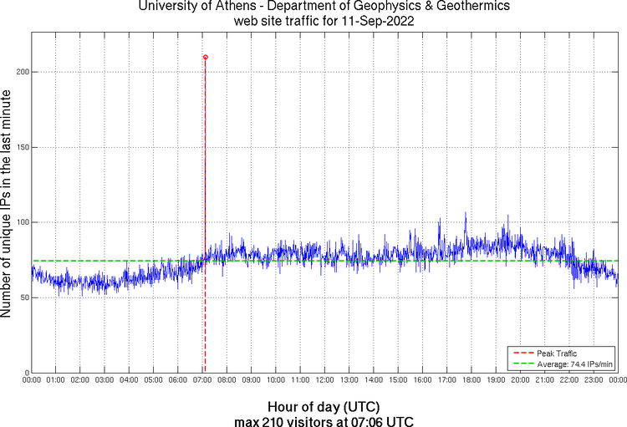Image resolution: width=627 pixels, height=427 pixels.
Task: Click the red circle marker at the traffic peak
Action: [x=206, y=57]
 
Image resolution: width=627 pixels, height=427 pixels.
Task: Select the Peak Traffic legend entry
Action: [x=556, y=353]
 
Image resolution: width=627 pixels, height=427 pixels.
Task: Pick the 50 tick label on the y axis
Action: [x=23, y=297]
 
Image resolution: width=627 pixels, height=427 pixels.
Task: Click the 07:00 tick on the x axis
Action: [x=202, y=380]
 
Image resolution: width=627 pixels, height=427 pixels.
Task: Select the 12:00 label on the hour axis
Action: [x=324, y=380]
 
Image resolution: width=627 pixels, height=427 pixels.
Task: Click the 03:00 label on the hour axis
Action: [x=104, y=380]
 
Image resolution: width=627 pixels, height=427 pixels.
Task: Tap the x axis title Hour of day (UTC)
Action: [x=324, y=406]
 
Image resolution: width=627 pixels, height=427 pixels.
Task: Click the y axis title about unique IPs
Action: [x=8, y=205]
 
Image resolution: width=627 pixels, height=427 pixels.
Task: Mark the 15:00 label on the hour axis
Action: [x=398, y=380]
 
